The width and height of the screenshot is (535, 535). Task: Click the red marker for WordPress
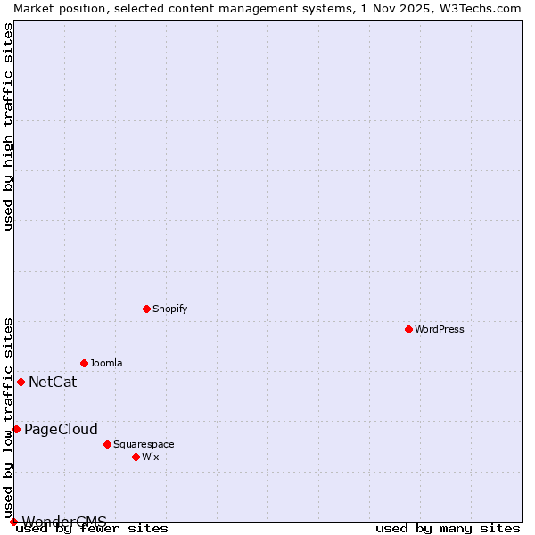click(x=408, y=329)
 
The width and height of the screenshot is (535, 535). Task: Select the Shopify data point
click(x=146, y=309)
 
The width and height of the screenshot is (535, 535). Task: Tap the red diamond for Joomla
click(x=84, y=363)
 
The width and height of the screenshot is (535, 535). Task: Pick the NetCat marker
click(x=21, y=382)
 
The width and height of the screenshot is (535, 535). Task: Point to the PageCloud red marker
click(x=16, y=429)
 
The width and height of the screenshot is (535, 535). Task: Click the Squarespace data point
click(x=107, y=444)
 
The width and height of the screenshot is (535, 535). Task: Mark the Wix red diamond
click(x=136, y=457)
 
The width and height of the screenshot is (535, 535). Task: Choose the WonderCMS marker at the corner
click(x=13, y=522)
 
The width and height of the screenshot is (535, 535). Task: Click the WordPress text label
click(x=440, y=329)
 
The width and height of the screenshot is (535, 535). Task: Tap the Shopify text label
click(x=170, y=309)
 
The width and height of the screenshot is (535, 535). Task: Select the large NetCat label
click(x=53, y=383)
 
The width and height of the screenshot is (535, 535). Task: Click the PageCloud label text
click(x=61, y=430)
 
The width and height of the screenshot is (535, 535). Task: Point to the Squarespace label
click(x=144, y=444)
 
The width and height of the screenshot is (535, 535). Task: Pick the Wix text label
click(x=151, y=457)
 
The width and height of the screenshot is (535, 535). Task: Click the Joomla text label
click(x=106, y=363)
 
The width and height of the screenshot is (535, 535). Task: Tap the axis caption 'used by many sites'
click(x=448, y=528)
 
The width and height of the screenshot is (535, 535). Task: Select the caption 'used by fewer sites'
click(x=93, y=528)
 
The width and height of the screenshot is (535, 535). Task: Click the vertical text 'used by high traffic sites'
click(x=9, y=127)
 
